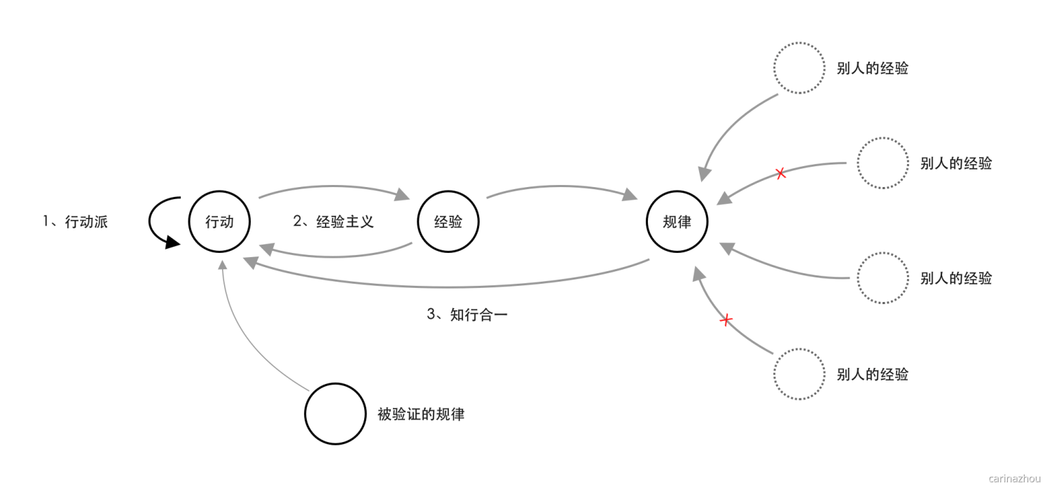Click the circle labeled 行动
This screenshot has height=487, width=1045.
click(219, 222)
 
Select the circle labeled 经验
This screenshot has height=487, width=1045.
click(448, 222)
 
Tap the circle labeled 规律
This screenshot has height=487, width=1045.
click(677, 222)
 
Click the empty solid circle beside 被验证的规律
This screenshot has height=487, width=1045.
click(335, 413)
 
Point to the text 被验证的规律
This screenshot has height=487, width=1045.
click(421, 414)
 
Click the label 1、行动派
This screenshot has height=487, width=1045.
click(76, 222)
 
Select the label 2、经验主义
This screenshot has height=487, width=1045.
click(333, 221)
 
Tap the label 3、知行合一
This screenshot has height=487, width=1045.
click(467, 315)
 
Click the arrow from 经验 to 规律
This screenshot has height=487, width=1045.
click(560, 187)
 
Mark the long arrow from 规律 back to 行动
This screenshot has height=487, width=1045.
click(448, 286)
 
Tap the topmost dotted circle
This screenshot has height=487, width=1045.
click(799, 68)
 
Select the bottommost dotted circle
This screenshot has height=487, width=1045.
click(799, 373)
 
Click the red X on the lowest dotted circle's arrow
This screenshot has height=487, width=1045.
click(726, 320)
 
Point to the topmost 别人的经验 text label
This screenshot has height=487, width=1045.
click(872, 69)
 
